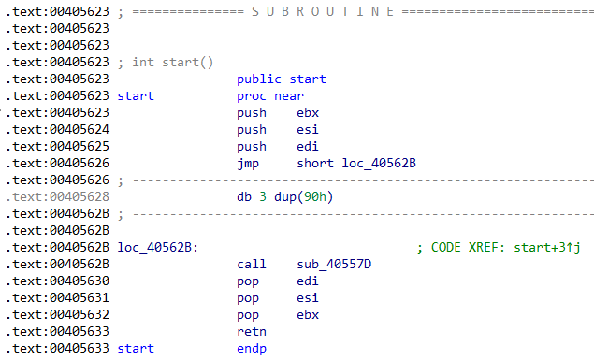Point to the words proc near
(x=270, y=95)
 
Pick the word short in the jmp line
(x=315, y=163)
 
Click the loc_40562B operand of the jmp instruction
(x=379, y=163)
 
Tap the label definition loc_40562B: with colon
(x=158, y=247)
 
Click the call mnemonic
(x=252, y=264)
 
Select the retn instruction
(x=252, y=331)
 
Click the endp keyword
(x=252, y=348)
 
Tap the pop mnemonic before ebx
(x=248, y=314)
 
